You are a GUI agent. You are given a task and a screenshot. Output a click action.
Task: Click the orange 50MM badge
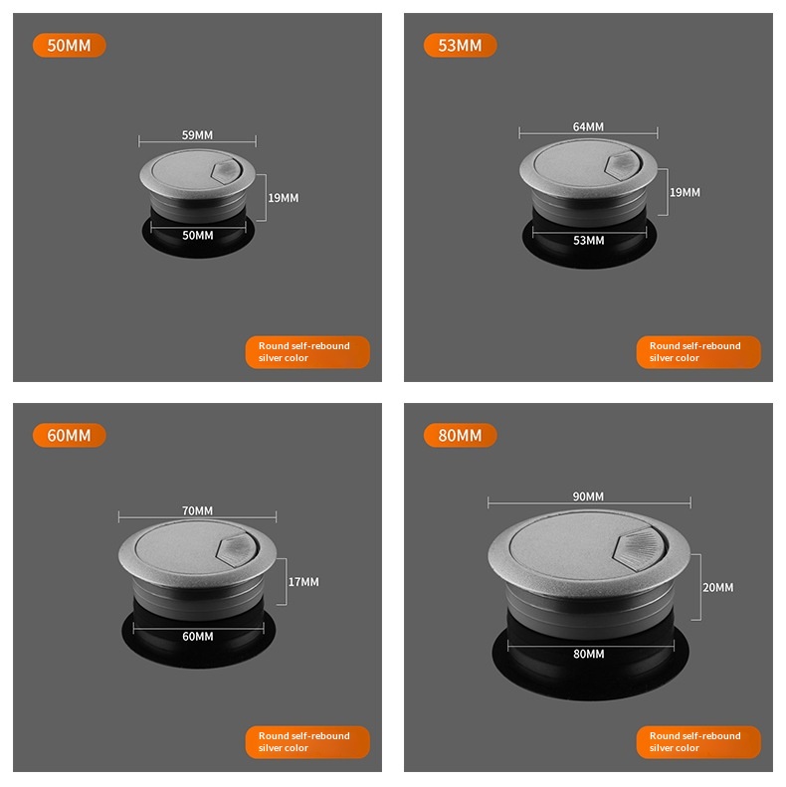(x=70, y=45)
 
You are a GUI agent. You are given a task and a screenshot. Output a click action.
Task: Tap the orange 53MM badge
(x=461, y=45)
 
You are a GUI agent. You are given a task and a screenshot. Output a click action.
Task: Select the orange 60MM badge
(x=70, y=435)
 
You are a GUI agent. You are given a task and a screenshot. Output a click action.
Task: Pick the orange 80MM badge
(x=461, y=435)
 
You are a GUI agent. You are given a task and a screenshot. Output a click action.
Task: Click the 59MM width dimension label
(x=197, y=135)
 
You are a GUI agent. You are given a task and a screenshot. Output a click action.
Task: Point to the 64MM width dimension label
(x=588, y=126)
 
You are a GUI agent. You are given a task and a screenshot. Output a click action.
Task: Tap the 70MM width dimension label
(x=197, y=510)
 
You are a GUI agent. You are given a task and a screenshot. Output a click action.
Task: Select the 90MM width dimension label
(x=588, y=496)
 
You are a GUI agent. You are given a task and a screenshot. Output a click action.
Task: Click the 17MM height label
(x=303, y=582)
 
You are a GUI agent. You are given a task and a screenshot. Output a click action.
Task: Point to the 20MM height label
(x=717, y=587)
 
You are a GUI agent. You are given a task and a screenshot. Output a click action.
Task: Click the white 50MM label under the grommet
(x=198, y=236)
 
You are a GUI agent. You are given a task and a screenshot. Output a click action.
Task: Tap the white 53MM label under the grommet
(x=589, y=241)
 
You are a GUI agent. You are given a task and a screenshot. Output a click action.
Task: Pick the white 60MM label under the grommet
(x=198, y=637)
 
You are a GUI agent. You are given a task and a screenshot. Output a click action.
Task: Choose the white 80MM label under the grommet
(x=589, y=654)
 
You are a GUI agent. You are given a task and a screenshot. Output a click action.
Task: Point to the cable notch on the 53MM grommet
(x=624, y=164)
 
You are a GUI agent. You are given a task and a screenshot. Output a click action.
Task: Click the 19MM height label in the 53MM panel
(x=685, y=192)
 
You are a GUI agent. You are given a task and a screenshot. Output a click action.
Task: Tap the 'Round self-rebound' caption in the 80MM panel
(x=695, y=736)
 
